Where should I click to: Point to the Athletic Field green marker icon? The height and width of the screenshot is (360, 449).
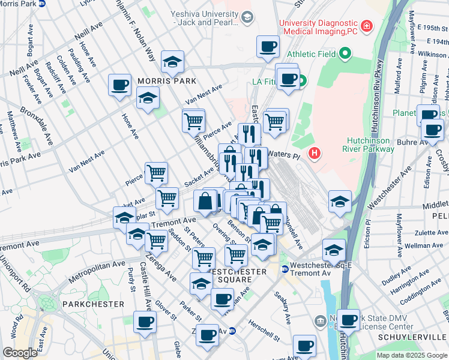click(x=344, y=55)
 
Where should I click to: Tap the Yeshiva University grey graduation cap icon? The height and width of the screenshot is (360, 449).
click(x=247, y=17)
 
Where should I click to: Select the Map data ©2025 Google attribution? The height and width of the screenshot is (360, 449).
click(x=411, y=355)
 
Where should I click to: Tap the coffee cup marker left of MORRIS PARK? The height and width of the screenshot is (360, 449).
click(x=119, y=85)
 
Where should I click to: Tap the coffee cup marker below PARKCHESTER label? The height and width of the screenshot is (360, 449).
click(x=145, y=321)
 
